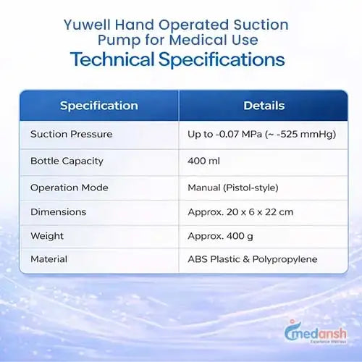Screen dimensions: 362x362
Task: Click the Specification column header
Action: click(x=99, y=106)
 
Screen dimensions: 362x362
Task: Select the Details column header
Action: click(x=264, y=106)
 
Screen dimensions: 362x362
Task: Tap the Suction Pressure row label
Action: click(x=72, y=134)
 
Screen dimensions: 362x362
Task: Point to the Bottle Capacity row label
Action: click(x=67, y=161)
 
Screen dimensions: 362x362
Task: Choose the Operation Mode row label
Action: click(x=70, y=188)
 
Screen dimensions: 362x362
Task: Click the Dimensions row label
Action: click(x=59, y=212)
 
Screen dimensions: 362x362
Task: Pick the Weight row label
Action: click(x=47, y=236)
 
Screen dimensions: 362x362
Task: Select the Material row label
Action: click(x=49, y=259)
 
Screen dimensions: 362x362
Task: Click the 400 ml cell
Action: click(x=203, y=161)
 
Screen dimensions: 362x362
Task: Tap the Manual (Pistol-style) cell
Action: click(x=233, y=188)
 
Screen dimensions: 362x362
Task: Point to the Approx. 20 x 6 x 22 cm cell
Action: click(x=240, y=212)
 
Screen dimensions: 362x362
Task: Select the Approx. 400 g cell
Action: click(x=220, y=236)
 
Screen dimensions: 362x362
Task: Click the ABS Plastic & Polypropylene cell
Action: click(x=253, y=259)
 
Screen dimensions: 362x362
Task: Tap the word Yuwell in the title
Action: click(x=87, y=25)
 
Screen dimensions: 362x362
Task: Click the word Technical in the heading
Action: click(x=112, y=59)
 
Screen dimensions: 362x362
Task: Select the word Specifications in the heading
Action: click(x=222, y=60)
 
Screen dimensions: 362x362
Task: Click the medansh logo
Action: click(x=316, y=332)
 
